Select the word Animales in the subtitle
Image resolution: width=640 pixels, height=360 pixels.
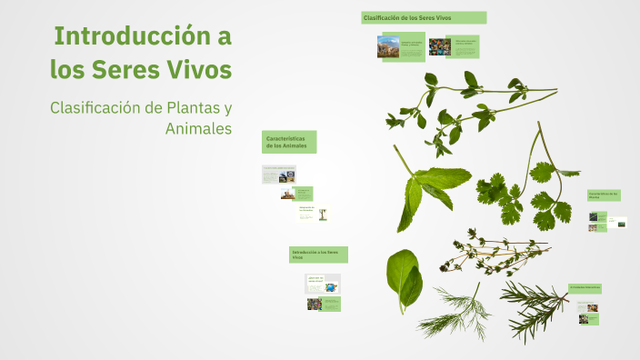[198, 129]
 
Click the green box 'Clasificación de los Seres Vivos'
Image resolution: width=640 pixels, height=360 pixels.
[424, 17]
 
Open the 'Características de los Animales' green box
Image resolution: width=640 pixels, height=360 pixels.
[289, 142]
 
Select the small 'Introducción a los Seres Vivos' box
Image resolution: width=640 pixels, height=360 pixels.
[318, 255]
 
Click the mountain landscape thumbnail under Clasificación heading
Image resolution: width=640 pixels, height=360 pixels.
[388, 46]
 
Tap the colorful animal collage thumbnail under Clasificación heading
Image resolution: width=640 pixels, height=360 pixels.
[440, 46]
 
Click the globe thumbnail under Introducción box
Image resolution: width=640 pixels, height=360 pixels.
[331, 287]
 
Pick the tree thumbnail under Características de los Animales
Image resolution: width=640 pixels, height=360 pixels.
[322, 215]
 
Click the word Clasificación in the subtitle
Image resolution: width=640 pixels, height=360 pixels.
[94, 108]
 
